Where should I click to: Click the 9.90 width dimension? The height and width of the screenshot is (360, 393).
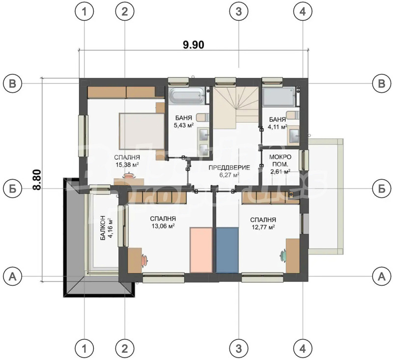(193, 44)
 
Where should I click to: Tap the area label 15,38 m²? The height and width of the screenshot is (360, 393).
(127, 165)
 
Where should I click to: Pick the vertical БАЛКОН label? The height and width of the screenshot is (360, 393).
(103, 227)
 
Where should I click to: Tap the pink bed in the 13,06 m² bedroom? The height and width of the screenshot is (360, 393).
(201, 249)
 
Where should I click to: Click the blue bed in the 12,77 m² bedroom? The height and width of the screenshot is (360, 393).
(227, 249)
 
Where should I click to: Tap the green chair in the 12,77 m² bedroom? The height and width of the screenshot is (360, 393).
(284, 254)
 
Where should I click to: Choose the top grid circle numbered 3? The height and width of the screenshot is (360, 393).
(239, 13)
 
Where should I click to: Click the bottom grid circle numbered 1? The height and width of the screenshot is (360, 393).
(85, 348)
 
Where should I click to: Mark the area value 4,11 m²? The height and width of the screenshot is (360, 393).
(278, 126)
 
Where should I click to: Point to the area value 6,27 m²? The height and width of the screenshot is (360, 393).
(229, 175)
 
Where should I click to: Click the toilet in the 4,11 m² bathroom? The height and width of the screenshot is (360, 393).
(292, 114)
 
